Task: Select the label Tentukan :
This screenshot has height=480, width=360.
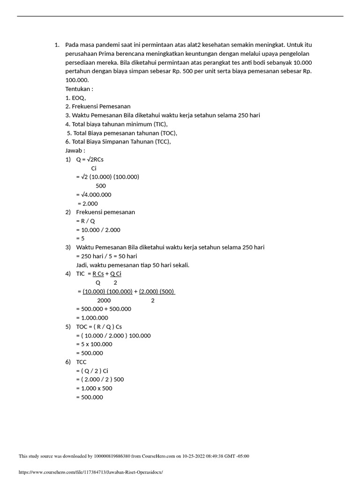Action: [x=79, y=89]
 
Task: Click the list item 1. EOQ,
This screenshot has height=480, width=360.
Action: [x=75, y=98]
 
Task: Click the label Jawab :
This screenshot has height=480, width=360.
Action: [x=75, y=151]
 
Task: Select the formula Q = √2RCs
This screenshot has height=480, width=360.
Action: [x=90, y=159]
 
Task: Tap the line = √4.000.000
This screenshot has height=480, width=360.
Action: [x=93, y=195]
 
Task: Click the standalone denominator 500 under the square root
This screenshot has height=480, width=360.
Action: [x=100, y=186]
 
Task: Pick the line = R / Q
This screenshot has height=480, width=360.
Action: [x=85, y=221]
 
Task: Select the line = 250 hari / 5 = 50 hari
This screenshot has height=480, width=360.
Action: [x=106, y=256]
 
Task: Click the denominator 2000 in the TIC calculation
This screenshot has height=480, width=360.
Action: [x=104, y=300]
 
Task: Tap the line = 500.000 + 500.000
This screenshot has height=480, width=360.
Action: [x=104, y=309]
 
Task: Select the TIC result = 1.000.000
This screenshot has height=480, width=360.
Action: [x=92, y=318]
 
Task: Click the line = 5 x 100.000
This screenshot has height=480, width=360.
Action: [x=94, y=344]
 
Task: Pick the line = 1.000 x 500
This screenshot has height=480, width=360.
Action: [x=94, y=388]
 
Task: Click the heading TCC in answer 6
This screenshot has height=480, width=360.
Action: [x=81, y=362]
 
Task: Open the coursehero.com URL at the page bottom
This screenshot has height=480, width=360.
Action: [x=91, y=472]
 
